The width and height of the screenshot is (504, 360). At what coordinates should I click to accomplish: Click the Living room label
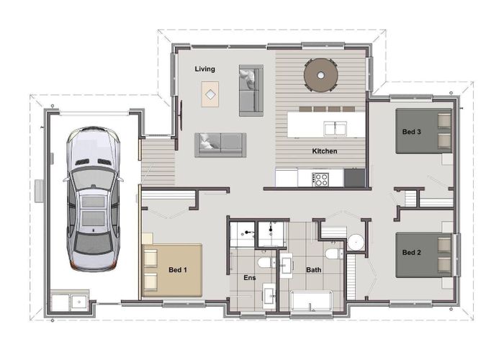point(205,69)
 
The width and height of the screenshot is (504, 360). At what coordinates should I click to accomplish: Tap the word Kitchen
point(324,151)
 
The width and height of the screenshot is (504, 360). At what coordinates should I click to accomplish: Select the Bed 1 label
point(178,270)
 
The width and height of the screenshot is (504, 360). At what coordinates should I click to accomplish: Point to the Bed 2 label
point(411,253)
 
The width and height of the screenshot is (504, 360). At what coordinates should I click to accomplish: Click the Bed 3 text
point(411,132)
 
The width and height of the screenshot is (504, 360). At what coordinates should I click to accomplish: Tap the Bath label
point(314,271)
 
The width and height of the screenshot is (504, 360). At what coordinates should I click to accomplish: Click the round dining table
point(321,73)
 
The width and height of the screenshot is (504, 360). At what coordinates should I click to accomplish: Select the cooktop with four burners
point(320,178)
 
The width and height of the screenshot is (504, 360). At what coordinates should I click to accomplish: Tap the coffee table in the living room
point(210,94)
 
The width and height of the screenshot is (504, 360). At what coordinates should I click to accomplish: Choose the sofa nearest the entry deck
point(220,144)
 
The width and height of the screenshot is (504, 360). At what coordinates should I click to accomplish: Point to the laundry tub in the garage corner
point(69,302)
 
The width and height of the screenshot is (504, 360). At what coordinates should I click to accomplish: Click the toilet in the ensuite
point(266,264)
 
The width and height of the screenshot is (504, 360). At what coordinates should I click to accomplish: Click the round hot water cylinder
point(356,242)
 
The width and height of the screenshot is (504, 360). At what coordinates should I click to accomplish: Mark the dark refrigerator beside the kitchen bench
point(354,177)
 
